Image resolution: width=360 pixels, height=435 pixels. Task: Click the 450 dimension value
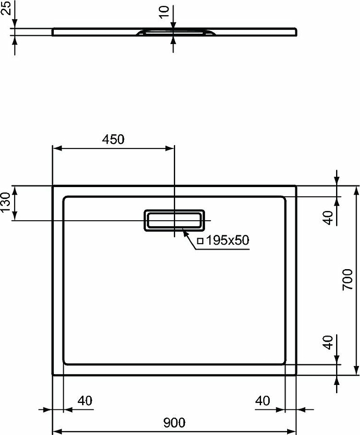[x=114, y=139]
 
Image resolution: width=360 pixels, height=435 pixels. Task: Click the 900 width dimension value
[x=174, y=422]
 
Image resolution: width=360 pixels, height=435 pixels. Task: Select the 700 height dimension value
[x=348, y=280]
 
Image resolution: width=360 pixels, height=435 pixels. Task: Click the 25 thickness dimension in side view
[x=5, y=9]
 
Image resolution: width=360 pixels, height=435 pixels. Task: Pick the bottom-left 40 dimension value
[x=84, y=401]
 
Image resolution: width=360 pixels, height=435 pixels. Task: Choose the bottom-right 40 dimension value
[x=263, y=401]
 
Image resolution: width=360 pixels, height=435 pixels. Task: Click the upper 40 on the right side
[x=328, y=217]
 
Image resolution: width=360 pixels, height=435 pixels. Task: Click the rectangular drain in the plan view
[x=174, y=220]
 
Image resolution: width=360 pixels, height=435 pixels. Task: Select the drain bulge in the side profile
[x=174, y=32]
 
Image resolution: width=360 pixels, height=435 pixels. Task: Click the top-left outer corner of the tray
[x=53, y=187]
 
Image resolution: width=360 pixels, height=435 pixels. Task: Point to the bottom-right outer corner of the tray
[x=296, y=374]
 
